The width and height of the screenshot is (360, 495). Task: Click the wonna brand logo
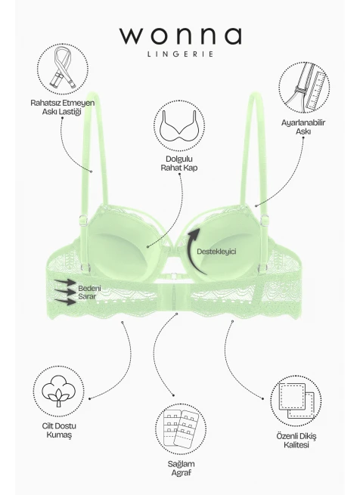pos(181,36)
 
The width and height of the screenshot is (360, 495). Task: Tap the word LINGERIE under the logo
pos(181,54)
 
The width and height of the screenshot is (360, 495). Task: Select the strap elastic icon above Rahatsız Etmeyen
pos(63,70)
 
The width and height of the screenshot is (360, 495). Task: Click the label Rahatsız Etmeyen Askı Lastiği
pos(63,107)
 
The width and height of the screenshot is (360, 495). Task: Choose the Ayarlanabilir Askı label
pos(303,127)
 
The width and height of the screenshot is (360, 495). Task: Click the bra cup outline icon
pos(179,125)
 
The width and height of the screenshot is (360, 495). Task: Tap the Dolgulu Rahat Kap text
pos(179,163)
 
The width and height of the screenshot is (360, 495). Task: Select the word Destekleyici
pos(216,252)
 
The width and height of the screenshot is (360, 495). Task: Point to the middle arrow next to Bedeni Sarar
pos(65,292)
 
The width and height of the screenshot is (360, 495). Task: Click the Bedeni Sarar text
pos(89,292)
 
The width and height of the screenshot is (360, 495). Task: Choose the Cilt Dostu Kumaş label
pos(59,430)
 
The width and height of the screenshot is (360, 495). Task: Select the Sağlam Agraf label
pos(181,469)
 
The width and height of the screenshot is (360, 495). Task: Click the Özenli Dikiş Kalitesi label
pos(296,441)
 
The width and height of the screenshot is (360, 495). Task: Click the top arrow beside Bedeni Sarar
pos(65,282)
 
